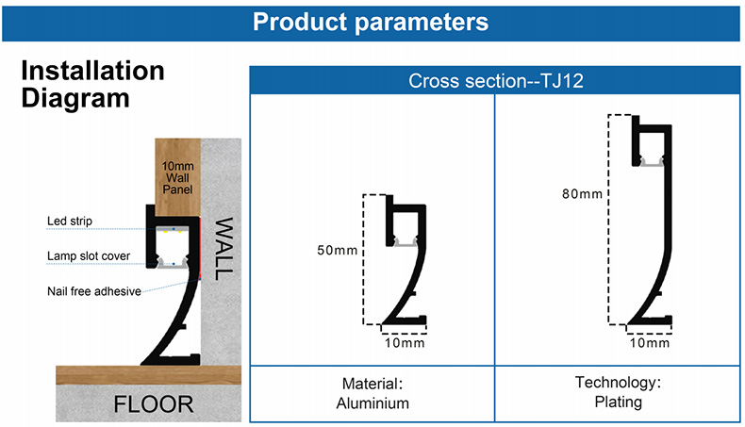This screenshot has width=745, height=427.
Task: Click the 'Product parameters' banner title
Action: click(x=371, y=22)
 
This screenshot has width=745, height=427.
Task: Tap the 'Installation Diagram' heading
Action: click(x=92, y=85)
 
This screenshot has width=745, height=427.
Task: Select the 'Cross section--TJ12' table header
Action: click(x=495, y=81)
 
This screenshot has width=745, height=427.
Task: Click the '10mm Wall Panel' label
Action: click(x=177, y=177)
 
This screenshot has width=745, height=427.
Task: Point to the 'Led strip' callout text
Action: click(x=70, y=221)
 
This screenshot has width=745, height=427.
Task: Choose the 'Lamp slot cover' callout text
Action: click(x=89, y=256)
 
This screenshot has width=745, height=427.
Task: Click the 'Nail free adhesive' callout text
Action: click(x=94, y=291)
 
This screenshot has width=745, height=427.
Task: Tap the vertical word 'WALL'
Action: click(x=223, y=249)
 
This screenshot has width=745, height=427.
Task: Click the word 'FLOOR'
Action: click(x=154, y=404)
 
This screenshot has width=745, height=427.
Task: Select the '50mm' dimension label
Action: click(x=338, y=251)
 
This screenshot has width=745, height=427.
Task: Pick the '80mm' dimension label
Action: click(x=582, y=194)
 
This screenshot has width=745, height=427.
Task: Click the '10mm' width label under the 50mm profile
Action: click(x=405, y=343)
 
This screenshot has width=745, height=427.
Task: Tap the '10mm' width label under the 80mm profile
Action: click(x=650, y=343)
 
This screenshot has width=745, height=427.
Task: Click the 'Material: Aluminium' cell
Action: click(x=372, y=393)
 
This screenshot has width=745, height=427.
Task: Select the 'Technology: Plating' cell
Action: click(x=618, y=392)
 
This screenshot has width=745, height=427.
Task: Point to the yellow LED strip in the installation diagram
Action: click(x=173, y=231)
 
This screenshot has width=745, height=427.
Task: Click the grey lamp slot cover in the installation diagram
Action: click(x=173, y=264)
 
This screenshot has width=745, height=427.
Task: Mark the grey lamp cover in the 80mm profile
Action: click(x=651, y=162)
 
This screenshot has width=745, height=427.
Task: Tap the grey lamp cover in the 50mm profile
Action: click(x=406, y=242)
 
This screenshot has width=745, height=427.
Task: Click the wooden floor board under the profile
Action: click(x=148, y=375)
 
